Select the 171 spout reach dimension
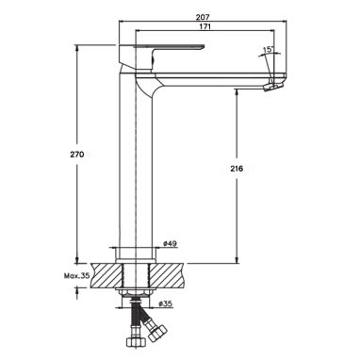click(x=205, y=26)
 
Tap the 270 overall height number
click(x=78, y=155)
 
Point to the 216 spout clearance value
click(x=237, y=169)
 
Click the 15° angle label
click(x=269, y=49)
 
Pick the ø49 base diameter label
click(x=170, y=244)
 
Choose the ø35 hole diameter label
click(x=165, y=303)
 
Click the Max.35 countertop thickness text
click(x=76, y=276)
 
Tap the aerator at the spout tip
click(x=272, y=87)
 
